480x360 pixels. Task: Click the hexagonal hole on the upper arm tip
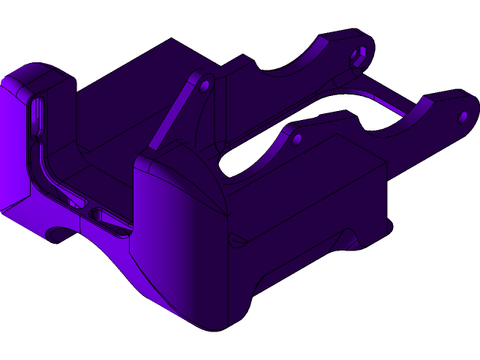[x=358, y=54]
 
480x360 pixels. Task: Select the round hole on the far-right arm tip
[x=463, y=117]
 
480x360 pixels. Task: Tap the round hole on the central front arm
[x=297, y=139]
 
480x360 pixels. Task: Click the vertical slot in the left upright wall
[x=36, y=120]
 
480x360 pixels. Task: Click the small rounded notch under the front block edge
[x=235, y=240]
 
